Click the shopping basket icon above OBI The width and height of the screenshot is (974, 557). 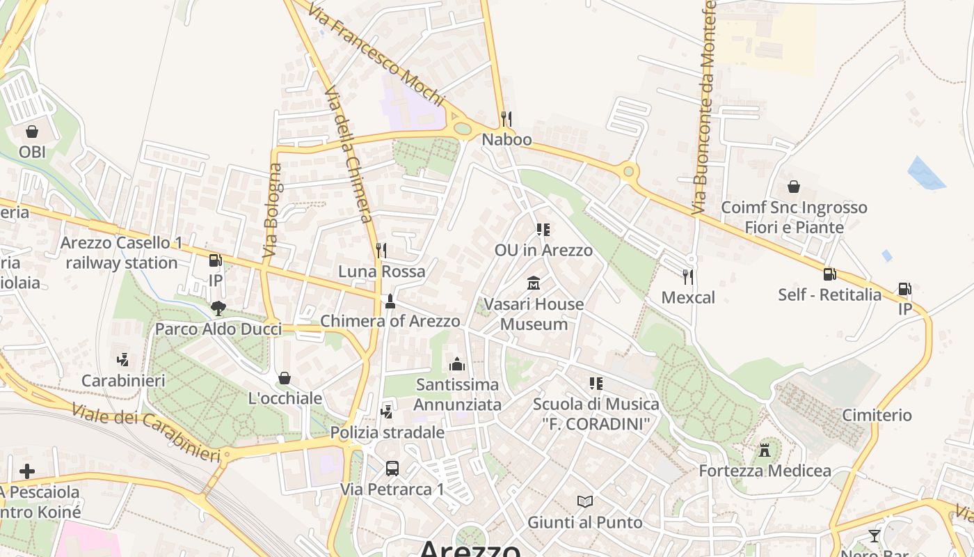32,131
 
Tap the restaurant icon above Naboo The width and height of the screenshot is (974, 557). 506,119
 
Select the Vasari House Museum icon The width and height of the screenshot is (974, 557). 534,283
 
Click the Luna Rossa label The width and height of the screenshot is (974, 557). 381,272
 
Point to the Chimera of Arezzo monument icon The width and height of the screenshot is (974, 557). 390,301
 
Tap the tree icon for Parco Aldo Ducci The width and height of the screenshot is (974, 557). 218,308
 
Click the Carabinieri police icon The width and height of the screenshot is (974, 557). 123,360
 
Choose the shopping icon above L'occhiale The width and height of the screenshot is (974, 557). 284,378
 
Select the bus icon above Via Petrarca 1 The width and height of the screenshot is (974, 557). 392,468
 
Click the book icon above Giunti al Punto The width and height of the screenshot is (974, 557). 585,501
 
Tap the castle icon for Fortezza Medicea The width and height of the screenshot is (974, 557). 765,450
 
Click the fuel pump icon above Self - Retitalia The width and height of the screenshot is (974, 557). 829,274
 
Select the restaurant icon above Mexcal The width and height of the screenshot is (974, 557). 688,277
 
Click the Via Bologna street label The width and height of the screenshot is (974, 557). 273,211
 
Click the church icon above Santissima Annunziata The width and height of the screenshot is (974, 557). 457,363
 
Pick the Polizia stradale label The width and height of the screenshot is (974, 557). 387,432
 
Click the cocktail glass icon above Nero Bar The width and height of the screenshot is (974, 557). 875,536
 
